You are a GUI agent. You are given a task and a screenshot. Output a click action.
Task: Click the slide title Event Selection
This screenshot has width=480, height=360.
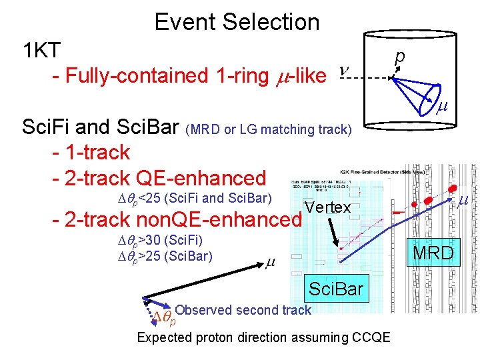[237, 22]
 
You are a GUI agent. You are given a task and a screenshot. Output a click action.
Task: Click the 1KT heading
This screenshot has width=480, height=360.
[42, 50]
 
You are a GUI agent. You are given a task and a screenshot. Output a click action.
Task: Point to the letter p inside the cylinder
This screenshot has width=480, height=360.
[399, 59]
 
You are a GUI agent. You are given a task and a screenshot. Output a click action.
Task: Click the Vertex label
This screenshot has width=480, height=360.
[327, 207]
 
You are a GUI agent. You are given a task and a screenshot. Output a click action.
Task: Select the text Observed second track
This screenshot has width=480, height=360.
[243, 309]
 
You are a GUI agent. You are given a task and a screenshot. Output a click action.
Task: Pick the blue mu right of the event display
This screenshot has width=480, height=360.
[462, 200]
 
